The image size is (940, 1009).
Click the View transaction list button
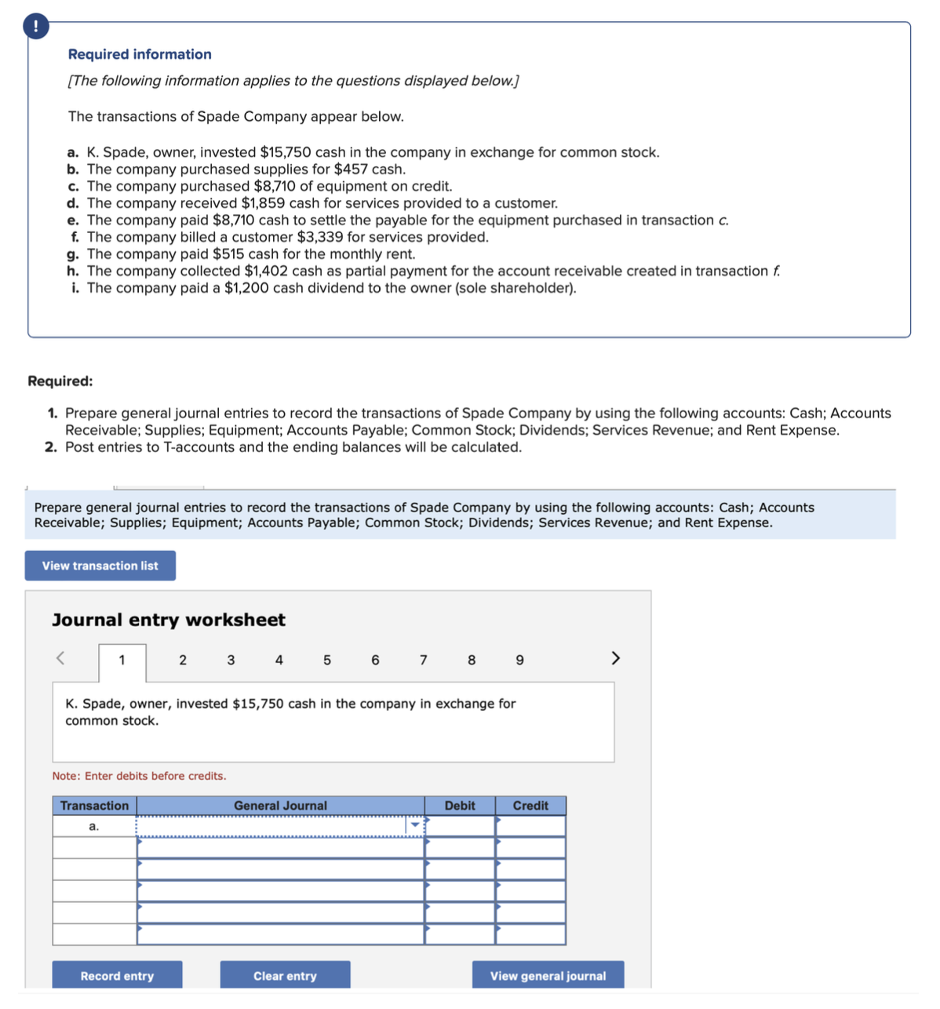[x=100, y=566]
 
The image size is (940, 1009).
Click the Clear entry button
[x=285, y=975]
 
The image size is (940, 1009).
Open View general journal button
[x=548, y=975]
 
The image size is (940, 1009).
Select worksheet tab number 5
[x=327, y=660]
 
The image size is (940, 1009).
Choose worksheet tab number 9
[x=519, y=660]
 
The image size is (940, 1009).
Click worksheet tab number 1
[x=122, y=660]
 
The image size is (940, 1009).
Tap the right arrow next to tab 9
[x=615, y=657]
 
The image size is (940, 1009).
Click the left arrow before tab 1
[x=60, y=657]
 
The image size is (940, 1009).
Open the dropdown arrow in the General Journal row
[x=415, y=825]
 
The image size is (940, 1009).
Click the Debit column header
[x=460, y=806]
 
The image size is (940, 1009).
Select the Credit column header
[x=530, y=806]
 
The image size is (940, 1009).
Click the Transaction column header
[x=94, y=806]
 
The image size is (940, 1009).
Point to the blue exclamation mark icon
[x=35, y=27]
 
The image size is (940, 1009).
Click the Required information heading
[x=140, y=54]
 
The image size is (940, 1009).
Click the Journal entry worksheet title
[x=169, y=620]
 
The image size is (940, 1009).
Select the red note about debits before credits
[x=139, y=776]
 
